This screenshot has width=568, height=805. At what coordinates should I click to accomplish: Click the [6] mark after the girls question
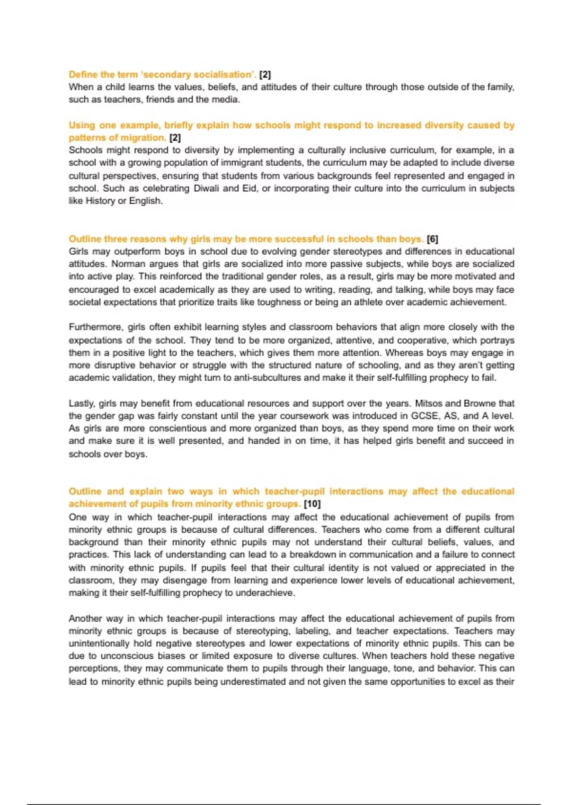pyautogui.click(x=432, y=239)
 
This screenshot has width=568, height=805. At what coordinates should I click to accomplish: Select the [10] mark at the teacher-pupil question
pyautogui.click(x=312, y=504)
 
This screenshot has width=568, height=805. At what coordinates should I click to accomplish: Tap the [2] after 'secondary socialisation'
pyautogui.click(x=265, y=75)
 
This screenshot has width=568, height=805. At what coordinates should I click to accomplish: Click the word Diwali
pyautogui.click(x=206, y=188)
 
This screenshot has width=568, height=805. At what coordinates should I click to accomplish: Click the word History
pyautogui.click(x=100, y=201)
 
